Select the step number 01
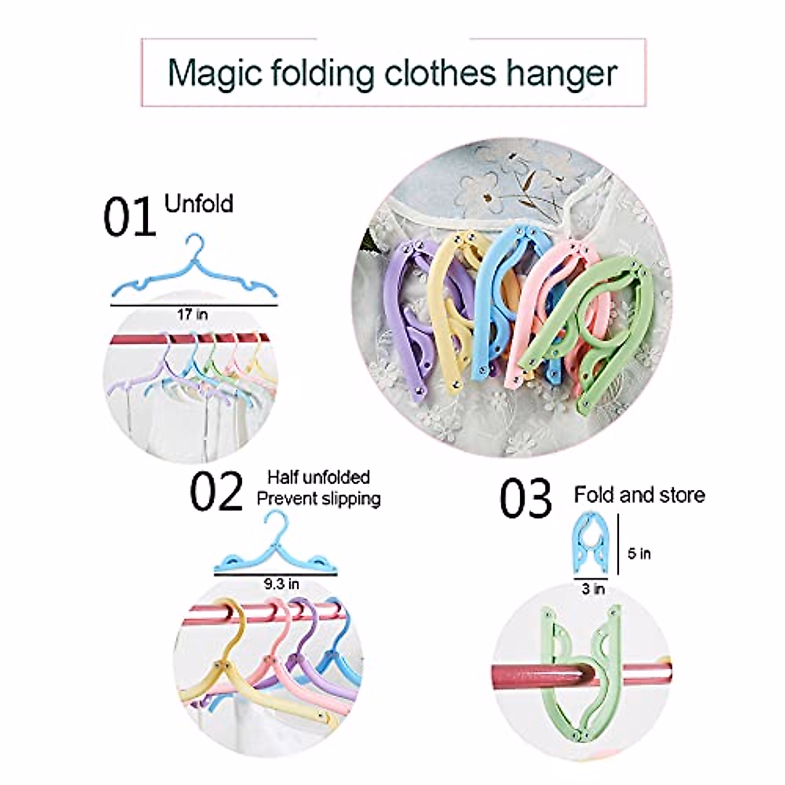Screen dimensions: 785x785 (129, 218)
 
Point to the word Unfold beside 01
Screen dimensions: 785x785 (199, 204)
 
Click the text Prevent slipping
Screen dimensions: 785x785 (318, 499)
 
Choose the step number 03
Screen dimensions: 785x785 (525, 498)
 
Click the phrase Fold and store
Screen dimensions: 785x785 (639, 495)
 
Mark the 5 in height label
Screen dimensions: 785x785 (639, 553)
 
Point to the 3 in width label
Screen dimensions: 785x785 (593, 589)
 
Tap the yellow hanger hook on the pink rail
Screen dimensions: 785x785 (230, 612)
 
